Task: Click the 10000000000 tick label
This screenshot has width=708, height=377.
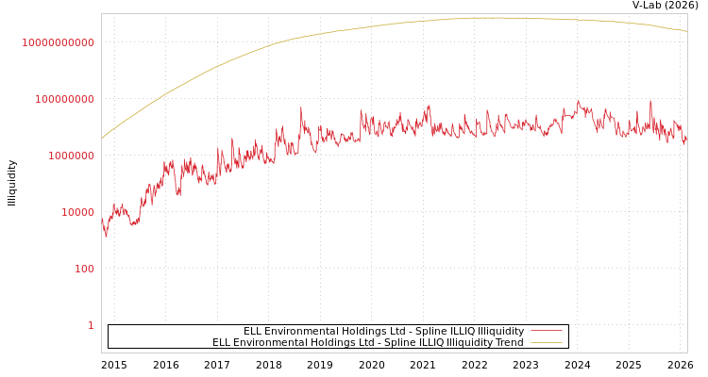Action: click(59, 42)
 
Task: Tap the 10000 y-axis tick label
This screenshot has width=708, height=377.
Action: click(75, 212)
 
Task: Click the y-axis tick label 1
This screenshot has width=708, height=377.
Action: click(91, 325)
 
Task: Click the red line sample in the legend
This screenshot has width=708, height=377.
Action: click(547, 332)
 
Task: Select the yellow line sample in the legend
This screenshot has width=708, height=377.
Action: click(547, 343)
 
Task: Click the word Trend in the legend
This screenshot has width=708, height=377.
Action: click(510, 343)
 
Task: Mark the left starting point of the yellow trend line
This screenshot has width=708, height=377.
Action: click(102, 139)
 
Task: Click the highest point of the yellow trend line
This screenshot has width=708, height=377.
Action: click(496, 18)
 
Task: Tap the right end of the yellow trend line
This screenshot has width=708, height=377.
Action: click(686, 31)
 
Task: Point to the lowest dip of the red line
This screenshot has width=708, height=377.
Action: click(106, 236)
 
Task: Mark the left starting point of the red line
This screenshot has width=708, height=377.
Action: click(102, 219)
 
